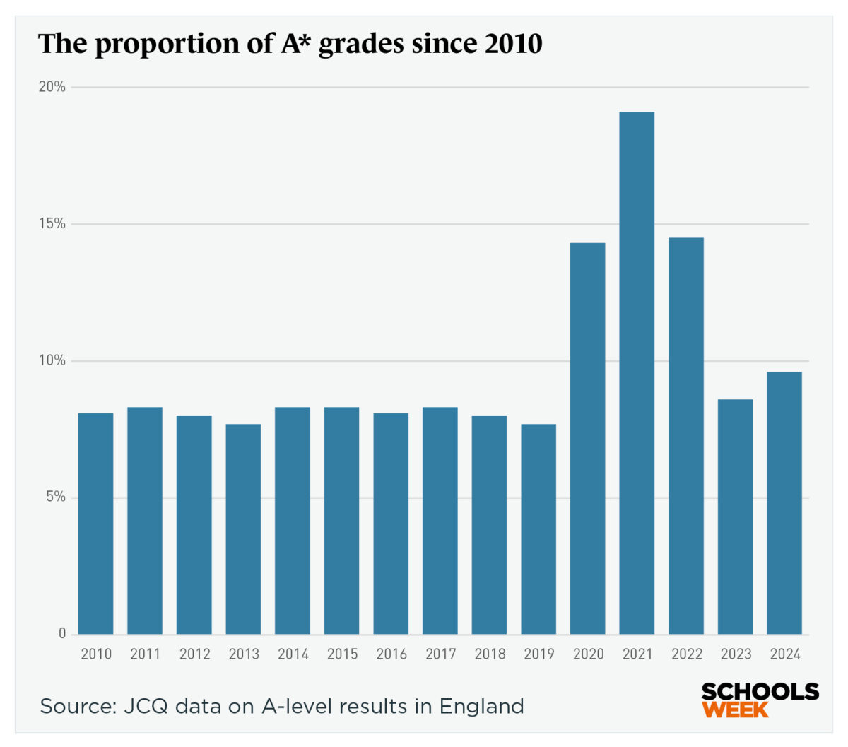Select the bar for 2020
(587, 438)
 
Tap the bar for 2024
(784, 502)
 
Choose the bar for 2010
(95, 523)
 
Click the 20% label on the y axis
(52, 87)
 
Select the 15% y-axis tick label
(52, 224)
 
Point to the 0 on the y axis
(62, 633)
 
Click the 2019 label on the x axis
(539, 654)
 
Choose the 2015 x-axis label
(342, 654)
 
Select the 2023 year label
(736, 654)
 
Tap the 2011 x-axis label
(145, 654)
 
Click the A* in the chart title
(291, 43)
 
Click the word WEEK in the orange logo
(735, 709)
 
